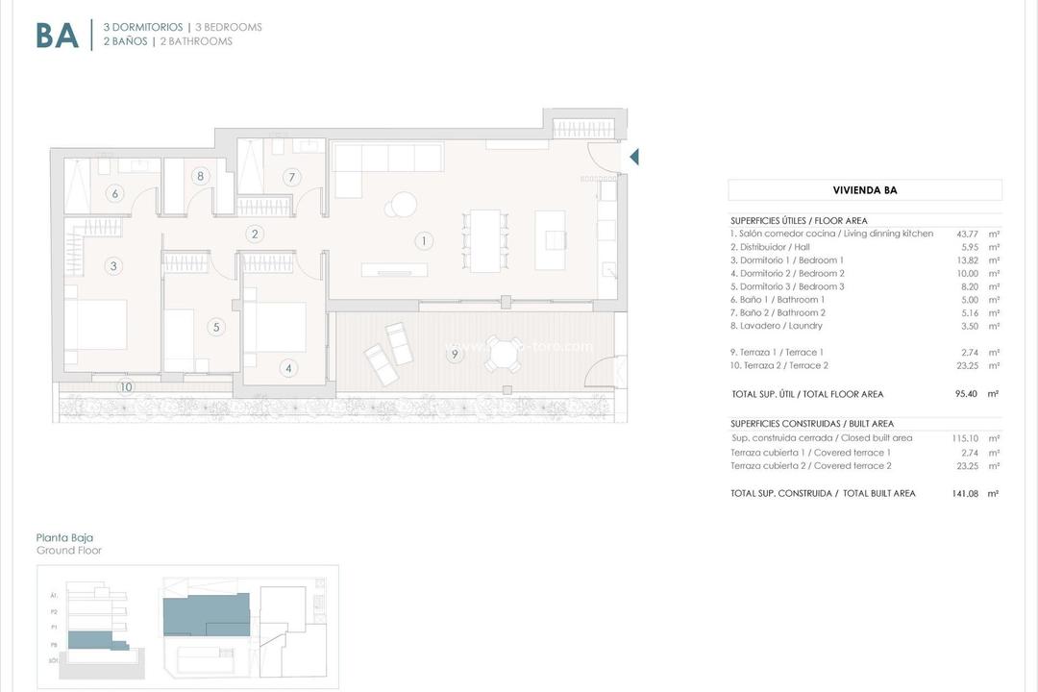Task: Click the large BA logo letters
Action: tap(57, 35)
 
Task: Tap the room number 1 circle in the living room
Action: tap(423, 240)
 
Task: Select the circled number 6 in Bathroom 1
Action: tap(115, 194)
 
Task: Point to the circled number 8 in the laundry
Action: tap(200, 176)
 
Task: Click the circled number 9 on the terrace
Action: tap(455, 355)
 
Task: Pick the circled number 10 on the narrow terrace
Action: tap(126, 387)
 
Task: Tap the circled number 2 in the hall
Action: tap(255, 234)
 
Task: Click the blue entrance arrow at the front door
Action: tap(633, 157)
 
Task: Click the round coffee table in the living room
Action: tap(403, 205)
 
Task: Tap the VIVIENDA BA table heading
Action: tap(864, 190)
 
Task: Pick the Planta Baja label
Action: tap(64, 538)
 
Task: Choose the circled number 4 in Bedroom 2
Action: tap(288, 368)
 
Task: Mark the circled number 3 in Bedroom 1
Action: tap(113, 266)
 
